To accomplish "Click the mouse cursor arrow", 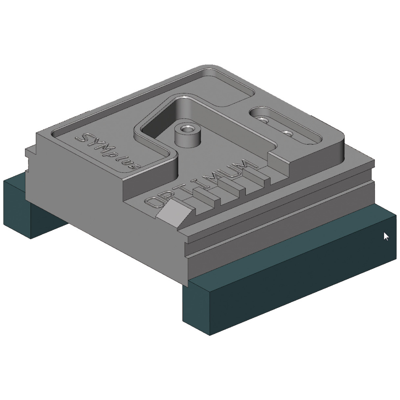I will pyautogui.click(x=386, y=236).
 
